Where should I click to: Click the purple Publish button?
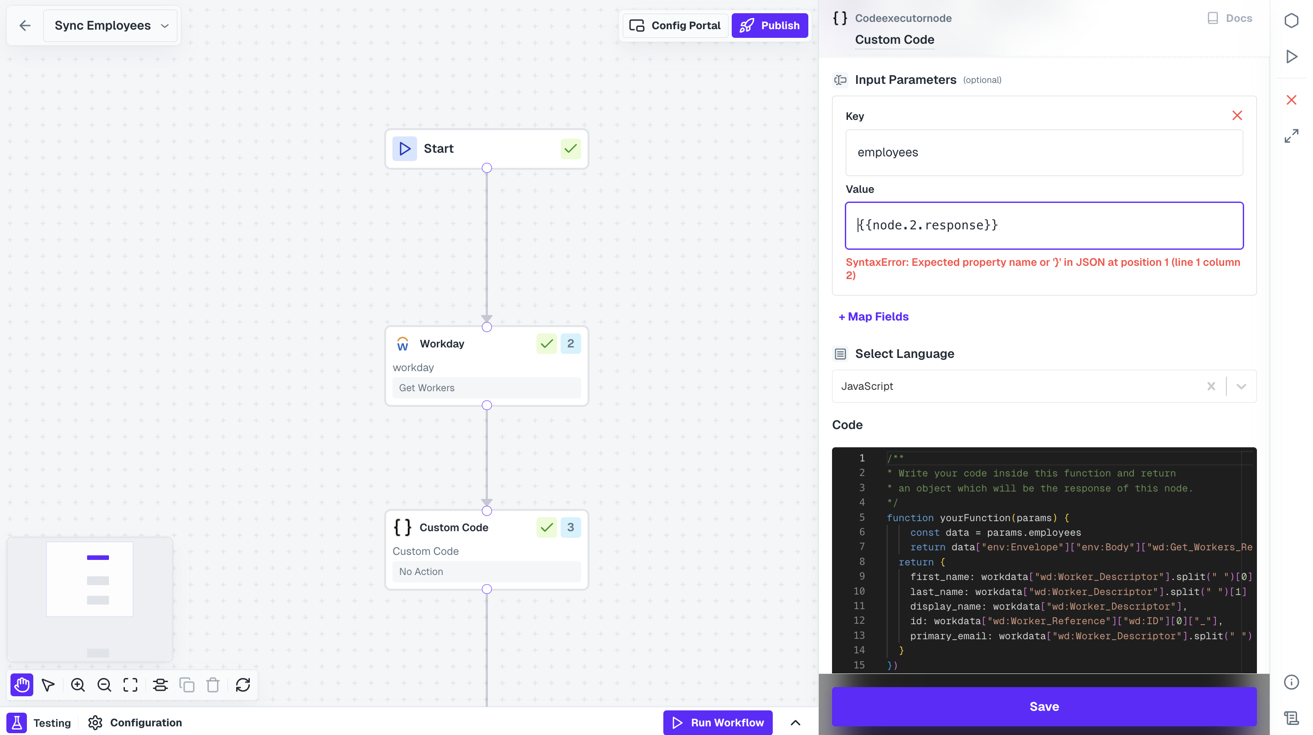[769, 26]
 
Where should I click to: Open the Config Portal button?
[675, 26]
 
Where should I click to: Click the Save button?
[1044, 706]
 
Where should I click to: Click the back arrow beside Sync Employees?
[25, 26]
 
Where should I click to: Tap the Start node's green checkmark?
[570, 149]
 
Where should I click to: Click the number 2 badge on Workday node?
[570, 343]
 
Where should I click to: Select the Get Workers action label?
[427, 388]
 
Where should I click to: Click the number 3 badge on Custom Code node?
[570, 527]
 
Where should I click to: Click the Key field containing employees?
[1044, 152]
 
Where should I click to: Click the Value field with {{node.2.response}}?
[1044, 225]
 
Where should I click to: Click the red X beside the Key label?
[1236, 116]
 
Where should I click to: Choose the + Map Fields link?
[873, 316]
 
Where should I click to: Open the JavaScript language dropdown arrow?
[1241, 386]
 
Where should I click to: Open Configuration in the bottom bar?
[135, 722]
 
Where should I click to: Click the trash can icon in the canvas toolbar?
[212, 684]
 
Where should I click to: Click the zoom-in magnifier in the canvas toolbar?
[78, 684]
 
